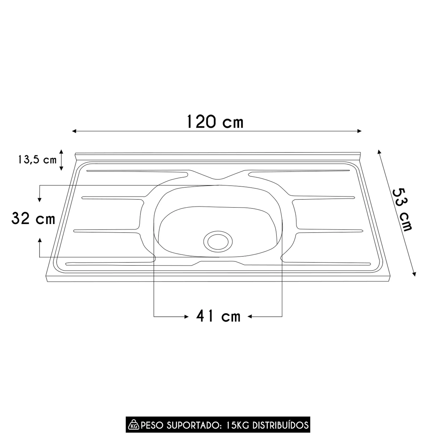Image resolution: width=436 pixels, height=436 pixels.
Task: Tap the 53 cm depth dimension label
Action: (x=403, y=210)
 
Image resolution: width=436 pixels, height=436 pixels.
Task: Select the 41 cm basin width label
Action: (x=218, y=316)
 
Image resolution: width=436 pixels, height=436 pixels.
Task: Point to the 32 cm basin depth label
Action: (x=33, y=218)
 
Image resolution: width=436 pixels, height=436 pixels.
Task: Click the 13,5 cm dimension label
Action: (x=37, y=160)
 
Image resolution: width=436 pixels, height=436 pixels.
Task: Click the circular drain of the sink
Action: (x=218, y=241)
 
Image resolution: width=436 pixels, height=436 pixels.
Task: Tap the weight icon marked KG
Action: (x=133, y=425)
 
